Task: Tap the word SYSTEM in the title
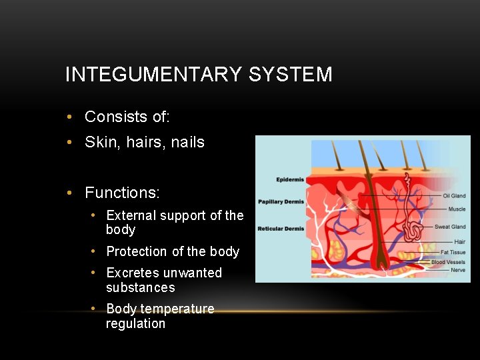click(x=290, y=75)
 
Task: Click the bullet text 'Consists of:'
click(x=127, y=117)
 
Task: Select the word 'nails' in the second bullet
click(x=187, y=142)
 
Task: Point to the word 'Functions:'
click(x=122, y=193)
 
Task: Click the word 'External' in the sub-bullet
click(x=131, y=215)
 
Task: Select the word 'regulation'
click(x=135, y=323)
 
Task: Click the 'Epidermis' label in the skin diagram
click(x=290, y=179)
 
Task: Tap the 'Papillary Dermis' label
click(x=281, y=201)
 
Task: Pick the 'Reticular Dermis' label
click(x=281, y=229)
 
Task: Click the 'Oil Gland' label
click(x=454, y=196)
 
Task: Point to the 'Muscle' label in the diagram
click(x=457, y=209)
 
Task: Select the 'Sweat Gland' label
click(x=450, y=227)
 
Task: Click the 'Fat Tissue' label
click(x=453, y=252)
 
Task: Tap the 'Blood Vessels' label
click(x=448, y=262)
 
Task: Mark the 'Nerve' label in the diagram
click(x=458, y=270)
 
